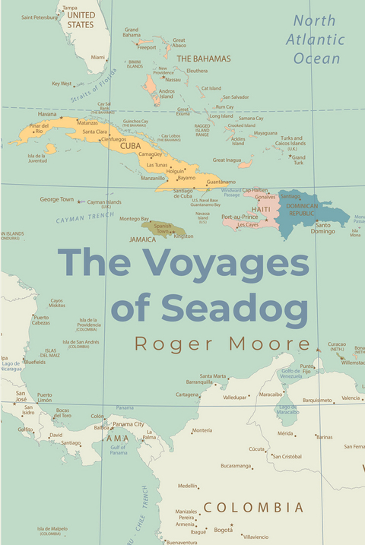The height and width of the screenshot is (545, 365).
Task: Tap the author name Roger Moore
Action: [x=222, y=344]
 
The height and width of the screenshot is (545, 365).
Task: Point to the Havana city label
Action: [x=47, y=114]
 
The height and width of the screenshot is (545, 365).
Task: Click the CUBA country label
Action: [x=131, y=145]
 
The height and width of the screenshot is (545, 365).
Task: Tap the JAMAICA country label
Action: [x=142, y=239]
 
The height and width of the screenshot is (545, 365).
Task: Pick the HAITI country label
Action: [x=261, y=208]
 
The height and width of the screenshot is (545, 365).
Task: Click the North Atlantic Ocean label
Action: [x=319, y=39]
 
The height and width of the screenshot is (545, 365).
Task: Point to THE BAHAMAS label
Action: [x=203, y=59]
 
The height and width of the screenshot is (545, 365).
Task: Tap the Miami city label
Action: [x=98, y=57]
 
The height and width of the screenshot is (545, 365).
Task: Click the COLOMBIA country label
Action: [x=253, y=507]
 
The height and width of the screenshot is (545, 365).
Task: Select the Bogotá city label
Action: [x=223, y=529]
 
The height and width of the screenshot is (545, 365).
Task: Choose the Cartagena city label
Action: [x=187, y=394]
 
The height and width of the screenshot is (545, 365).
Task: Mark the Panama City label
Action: [x=129, y=424]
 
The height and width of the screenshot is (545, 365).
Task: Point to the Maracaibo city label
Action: [x=271, y=394]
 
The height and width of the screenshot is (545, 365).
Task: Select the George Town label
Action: [x=57, y=199]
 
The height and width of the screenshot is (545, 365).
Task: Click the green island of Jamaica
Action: [x=163, y=228]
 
